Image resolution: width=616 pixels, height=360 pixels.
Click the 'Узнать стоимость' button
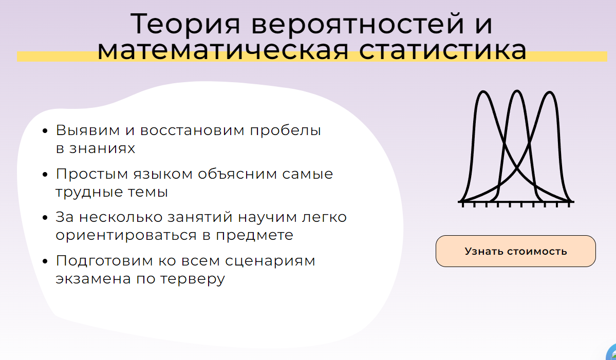[515, 251]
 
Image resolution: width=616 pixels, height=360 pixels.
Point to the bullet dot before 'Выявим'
[45, 131]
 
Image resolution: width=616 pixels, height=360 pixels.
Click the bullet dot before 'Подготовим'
[45, 262]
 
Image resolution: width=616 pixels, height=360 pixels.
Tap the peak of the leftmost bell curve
[483, 92]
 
